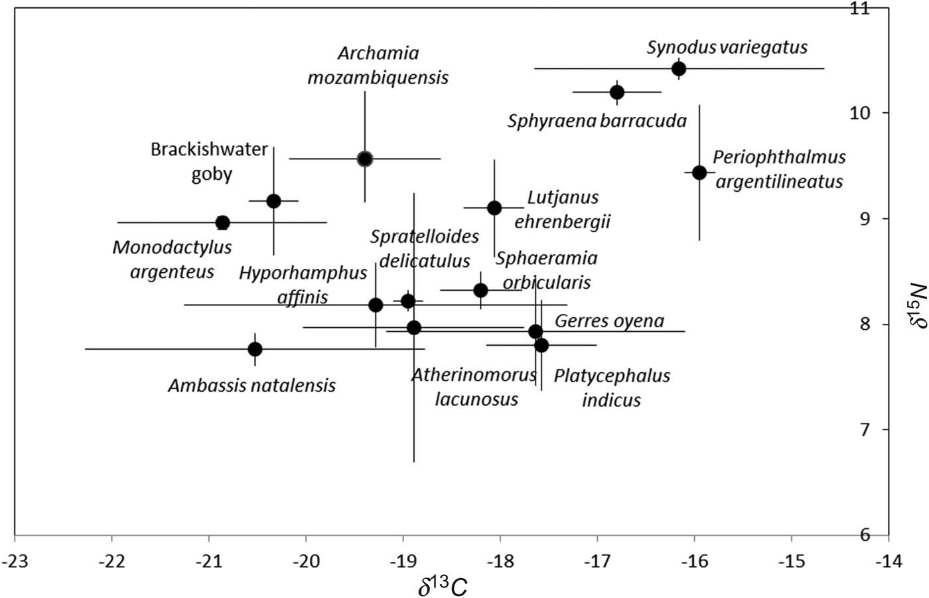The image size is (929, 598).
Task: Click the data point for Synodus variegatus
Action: point(678,68)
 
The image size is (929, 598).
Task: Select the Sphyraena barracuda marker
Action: point(616,92)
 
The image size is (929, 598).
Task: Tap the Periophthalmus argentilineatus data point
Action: point(699,173)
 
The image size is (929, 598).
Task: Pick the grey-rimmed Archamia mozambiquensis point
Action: point(364,159)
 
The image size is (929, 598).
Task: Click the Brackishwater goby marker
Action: point(273,200)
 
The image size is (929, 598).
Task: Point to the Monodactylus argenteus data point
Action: point(222,222)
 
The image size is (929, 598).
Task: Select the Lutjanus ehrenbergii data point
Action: point(494,208)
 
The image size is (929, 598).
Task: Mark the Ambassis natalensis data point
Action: point(255,349)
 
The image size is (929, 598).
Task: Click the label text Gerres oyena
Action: point(609,321)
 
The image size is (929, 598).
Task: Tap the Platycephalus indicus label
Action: point(612,388)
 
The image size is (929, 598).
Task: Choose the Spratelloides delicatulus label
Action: point(424,248)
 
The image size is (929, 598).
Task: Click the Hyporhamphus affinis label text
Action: point(303,284)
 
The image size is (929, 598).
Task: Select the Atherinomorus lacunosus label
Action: point(474,387)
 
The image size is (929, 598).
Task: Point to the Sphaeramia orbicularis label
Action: point(546,269)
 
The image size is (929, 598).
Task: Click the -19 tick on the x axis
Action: point(403,562)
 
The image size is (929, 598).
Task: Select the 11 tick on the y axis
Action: point(906,9)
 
